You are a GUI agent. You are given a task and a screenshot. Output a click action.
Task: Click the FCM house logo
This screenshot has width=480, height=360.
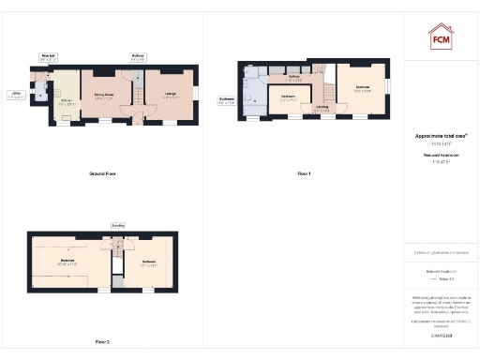pyautogui.click(x=441, y=37)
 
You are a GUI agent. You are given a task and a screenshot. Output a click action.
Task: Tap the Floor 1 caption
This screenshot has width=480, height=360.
pyautogui.click(x=304, y=173)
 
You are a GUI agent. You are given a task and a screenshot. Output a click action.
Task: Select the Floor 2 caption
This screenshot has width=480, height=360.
pyautogui.click(x=102, y=341)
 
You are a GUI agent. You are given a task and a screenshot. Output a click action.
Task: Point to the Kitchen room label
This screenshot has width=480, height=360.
pyautogui.click(x=67, y=102)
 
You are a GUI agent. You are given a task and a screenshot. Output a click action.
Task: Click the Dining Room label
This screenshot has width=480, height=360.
pyautogui.click(x=104, y=96)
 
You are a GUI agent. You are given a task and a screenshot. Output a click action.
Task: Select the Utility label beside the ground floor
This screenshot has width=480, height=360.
pyautogui.click(x=16, y=94)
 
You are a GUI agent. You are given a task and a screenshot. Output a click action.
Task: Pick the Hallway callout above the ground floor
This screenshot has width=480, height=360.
pyautogui.click(x=138, y=58)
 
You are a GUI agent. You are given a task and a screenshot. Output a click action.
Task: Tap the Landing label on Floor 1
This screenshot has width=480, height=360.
pyautogui.click(x=322, y=108)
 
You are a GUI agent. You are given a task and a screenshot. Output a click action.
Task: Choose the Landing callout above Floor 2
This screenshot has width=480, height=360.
pyautogui.click(x=118, y=225)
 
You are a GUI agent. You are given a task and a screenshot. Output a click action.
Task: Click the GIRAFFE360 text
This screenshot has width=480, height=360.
pyautogui.click(x=441, y=334)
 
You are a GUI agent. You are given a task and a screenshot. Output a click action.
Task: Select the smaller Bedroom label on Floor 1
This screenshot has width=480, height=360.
pyautogui.click(x=290, y=97)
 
